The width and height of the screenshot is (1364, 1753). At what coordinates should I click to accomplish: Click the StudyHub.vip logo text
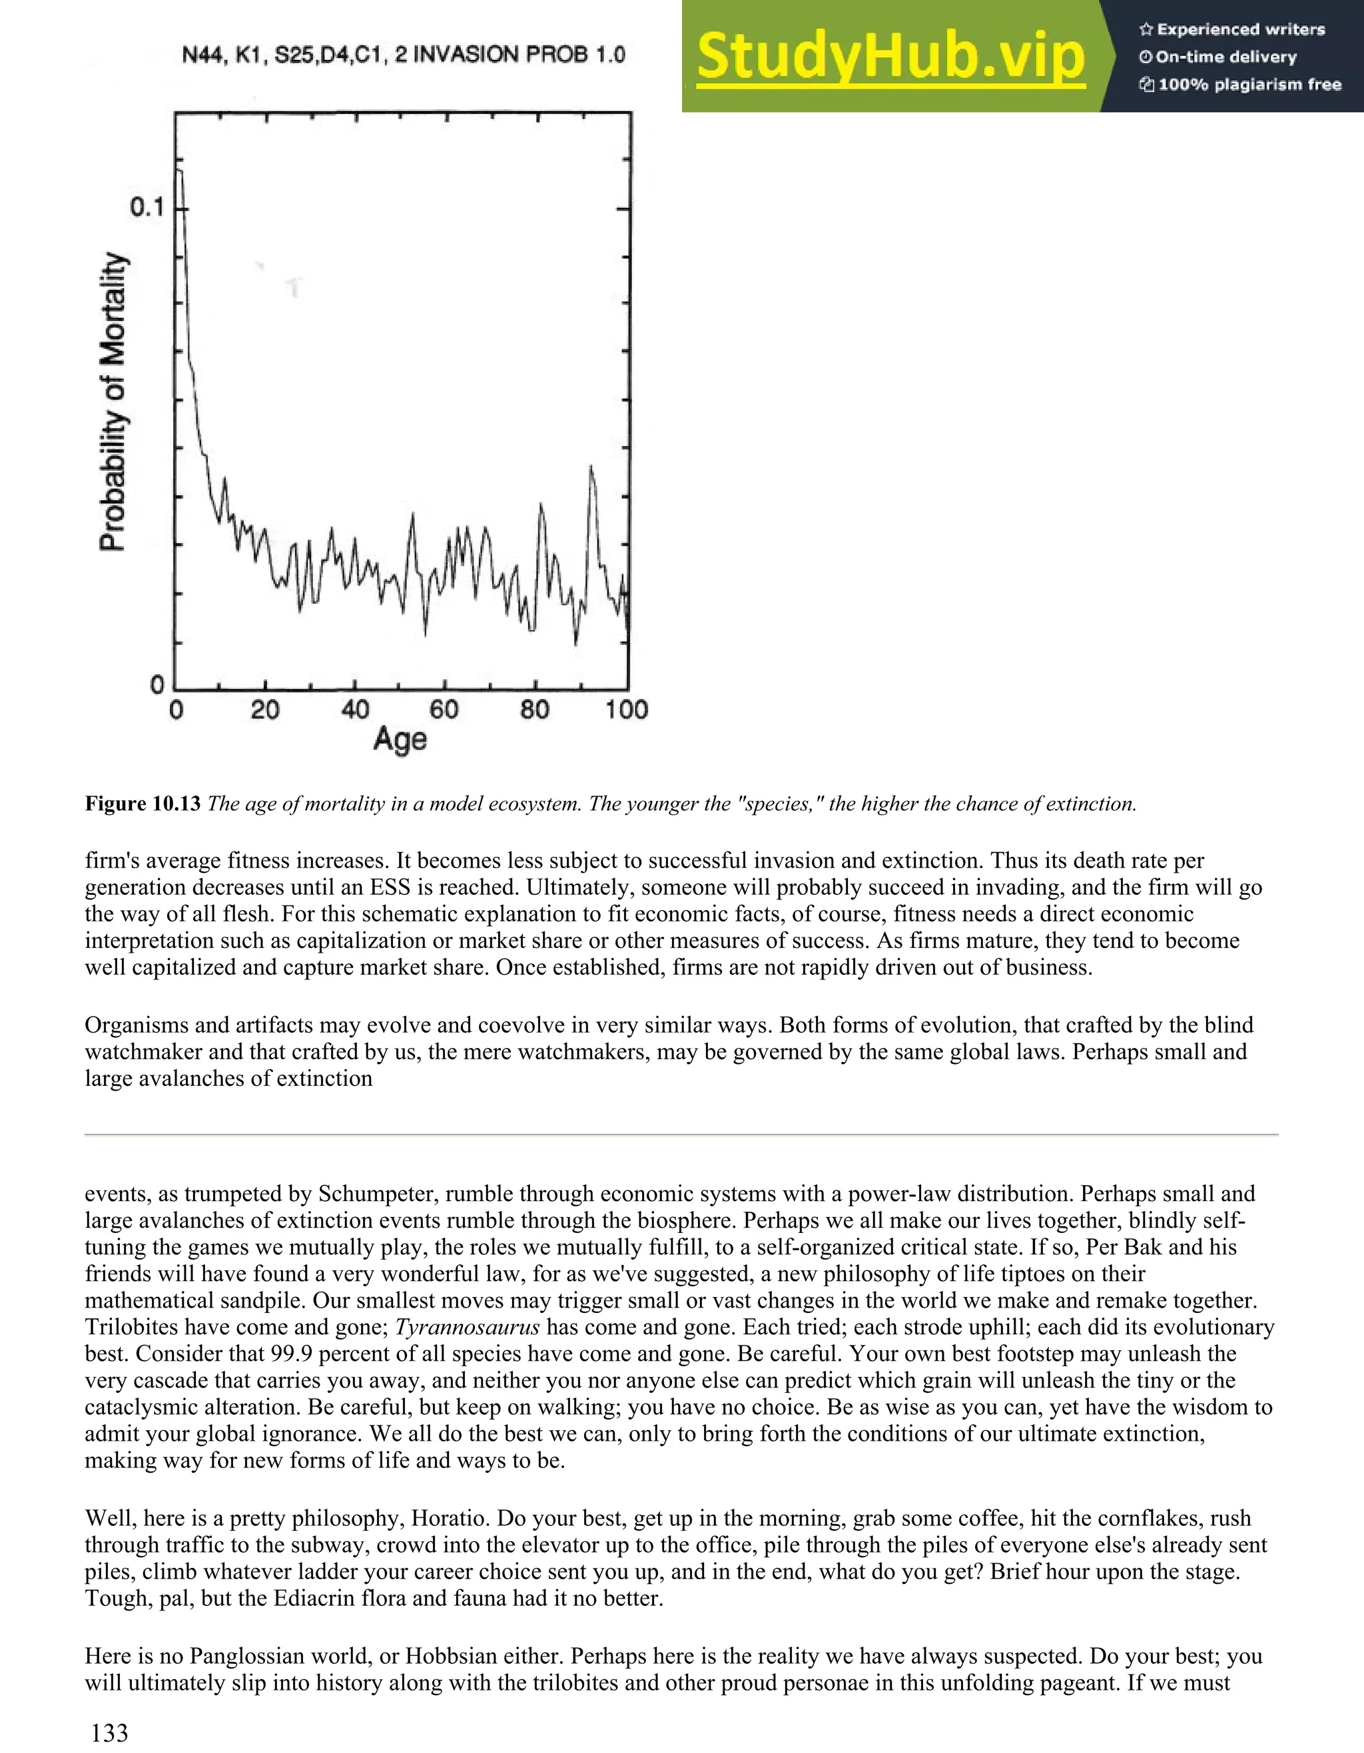click(890, 56)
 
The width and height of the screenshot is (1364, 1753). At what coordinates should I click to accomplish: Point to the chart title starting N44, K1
click(403, 55)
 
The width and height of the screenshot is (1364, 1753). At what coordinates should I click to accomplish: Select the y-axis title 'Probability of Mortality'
click(113, 401)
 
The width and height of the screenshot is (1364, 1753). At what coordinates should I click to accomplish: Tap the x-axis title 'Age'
click(399, 739)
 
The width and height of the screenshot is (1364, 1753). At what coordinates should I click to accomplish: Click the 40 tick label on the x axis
click(355, 710)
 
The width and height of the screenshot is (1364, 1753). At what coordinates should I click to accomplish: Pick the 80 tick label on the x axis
click(535, 710)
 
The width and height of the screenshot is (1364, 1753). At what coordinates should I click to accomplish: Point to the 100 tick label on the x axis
click(626, 710)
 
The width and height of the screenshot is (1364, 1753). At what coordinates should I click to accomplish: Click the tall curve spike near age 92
click(591, 468)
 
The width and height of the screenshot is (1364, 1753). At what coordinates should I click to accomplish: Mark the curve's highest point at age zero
click(179, 171)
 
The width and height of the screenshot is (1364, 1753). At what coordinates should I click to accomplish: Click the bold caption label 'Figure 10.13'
click(142, 804)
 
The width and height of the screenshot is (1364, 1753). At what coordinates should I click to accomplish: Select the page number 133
click(109, 1732)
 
